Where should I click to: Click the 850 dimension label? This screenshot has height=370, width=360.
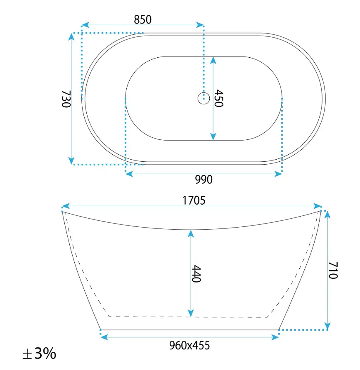pyautogui.click(x=143, y=19)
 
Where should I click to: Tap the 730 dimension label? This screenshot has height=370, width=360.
pyautogui.click(x=66, y=99)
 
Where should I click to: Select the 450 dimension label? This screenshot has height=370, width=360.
pyautogui.click(x=218, y=98)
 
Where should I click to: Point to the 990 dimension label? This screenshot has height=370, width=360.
pyautogui.click(x=204, y=179)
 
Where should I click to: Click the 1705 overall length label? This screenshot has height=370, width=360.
pyautogui.click(x=194, y=200)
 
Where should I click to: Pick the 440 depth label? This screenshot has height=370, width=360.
pyautogui.click(x=196, y=273)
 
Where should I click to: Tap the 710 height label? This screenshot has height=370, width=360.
pyautogui.click(x=333, y=270)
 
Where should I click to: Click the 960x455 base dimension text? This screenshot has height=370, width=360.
pyautogui.click(x=189, y=346)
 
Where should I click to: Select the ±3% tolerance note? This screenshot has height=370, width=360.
pyautogui.click(x=39, y=354)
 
